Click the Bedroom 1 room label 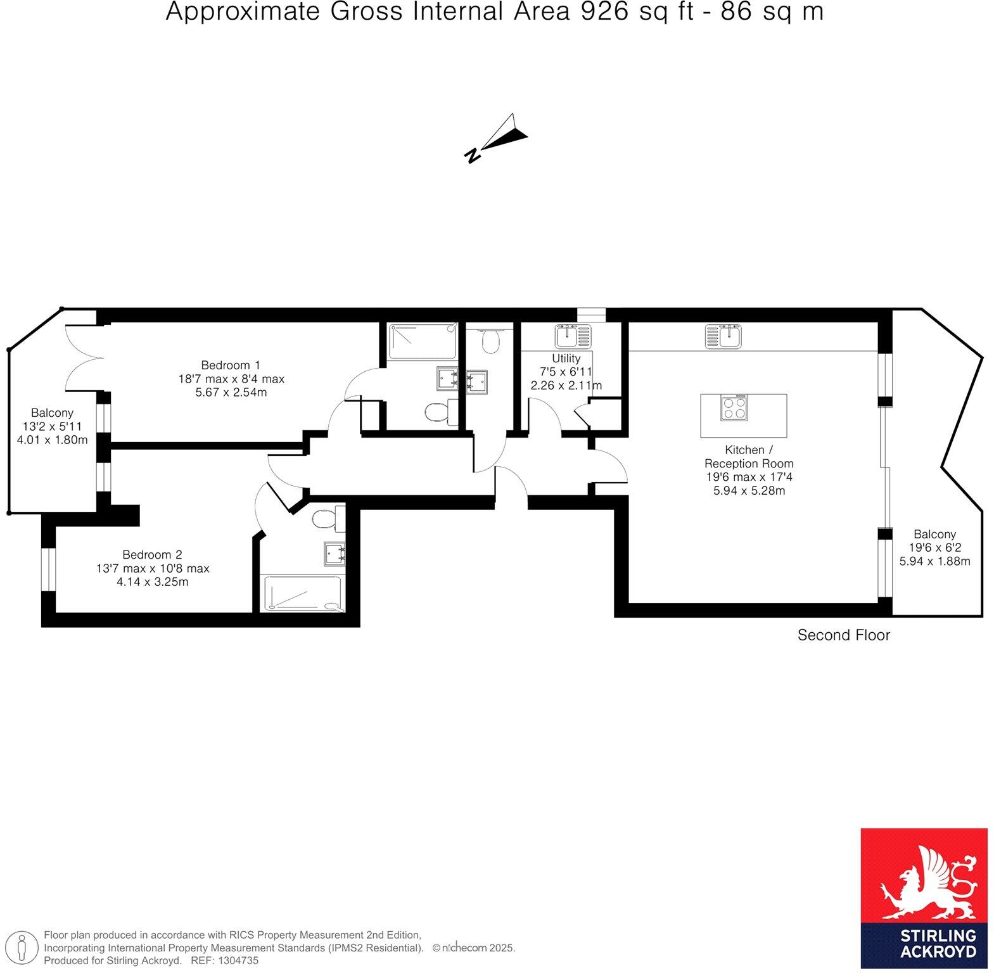[231, 365]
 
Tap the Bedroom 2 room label [153, 554]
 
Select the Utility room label [566, 358]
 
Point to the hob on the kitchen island [734, 407]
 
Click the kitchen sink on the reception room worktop [723, 336]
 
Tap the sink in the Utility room [573, 336]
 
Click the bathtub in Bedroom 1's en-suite [423, 342]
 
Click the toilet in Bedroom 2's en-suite [328, 519]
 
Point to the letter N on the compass [472, 155]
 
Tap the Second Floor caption [843, 635]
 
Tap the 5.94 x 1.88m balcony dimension [934, 561]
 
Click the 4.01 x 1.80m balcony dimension [52, 440]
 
